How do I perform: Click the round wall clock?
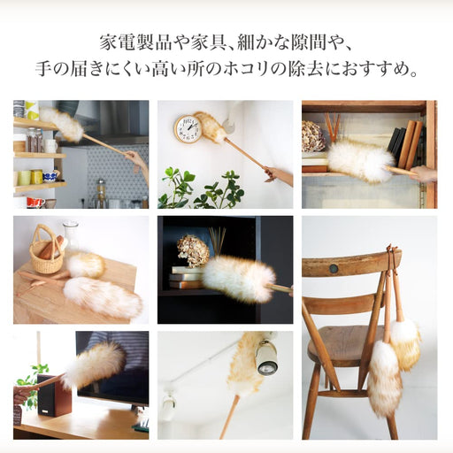pyautogui.click(x=188, y=129)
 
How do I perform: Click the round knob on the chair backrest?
pyautogui.click(x=334, y=268)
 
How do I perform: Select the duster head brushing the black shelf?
pyautogui.click(x=238, y=278)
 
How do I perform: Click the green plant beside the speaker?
pyautogui.click(x=34, y=381)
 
